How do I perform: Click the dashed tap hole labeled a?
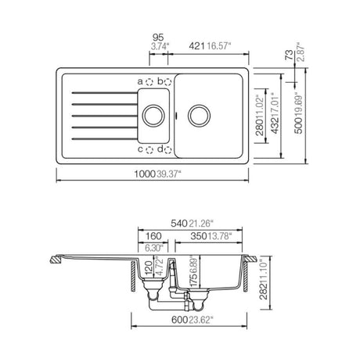[149, 82]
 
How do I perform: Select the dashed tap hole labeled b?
[167, 82]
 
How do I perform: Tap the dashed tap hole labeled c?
[149, 150]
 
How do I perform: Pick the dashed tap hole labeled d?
[167, 150]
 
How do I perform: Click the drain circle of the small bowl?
[153, 116]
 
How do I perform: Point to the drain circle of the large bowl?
[199, 116]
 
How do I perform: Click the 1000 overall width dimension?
[145, 174]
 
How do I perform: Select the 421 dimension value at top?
[197, 46]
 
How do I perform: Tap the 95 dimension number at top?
[158, 38]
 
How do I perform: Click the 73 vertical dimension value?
[290, 55]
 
